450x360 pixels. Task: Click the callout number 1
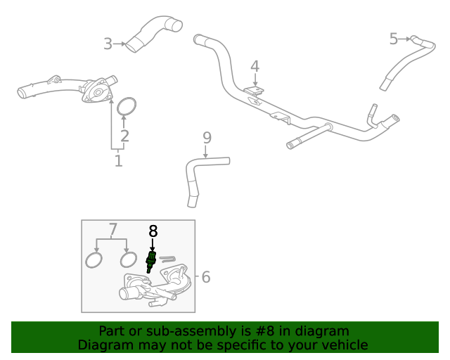tap(118, 161)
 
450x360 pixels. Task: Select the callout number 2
tap(124, 136)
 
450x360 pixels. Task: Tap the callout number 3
tap(108, 44)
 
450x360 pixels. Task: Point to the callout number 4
tap(255, 67)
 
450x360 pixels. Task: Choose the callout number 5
tap(394, 39)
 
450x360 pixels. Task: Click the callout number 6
tap(205, 277)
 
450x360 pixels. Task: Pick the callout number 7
tap(112, 229)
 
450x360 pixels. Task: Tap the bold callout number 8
tap(153, 231)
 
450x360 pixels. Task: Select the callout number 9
tap(207, 136)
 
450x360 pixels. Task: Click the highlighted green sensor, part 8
tap(150, 259)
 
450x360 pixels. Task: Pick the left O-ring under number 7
tap(93, 261)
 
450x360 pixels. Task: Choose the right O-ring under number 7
tap(128, 260)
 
